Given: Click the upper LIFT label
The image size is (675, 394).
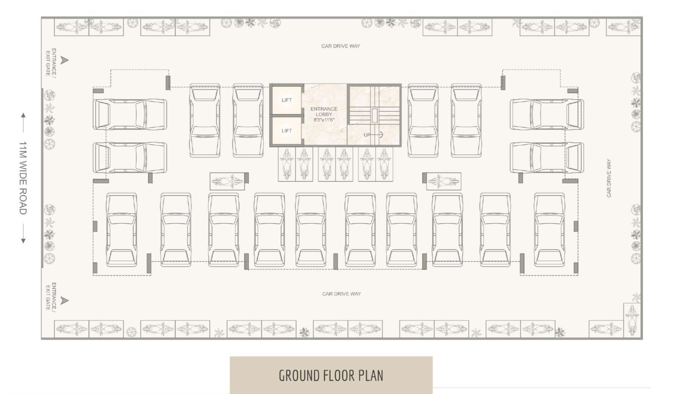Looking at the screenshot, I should coord(287,100).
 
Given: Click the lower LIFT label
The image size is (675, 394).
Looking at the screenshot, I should coord(287,131).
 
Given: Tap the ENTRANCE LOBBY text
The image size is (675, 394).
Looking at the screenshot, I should coord(324,111).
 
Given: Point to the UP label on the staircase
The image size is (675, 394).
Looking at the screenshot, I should coord(367,135).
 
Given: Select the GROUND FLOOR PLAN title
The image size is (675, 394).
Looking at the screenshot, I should coord(331,376).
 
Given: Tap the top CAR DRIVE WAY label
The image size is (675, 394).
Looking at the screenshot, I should coord(341,46).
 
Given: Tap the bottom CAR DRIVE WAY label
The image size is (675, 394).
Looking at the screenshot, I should coord(341,294).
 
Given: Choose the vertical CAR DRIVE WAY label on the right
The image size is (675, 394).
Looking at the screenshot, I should coord(609,178).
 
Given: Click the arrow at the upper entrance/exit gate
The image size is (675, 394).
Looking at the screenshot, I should coord(64,61).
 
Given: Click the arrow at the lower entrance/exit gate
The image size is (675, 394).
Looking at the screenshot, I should coord(64,301).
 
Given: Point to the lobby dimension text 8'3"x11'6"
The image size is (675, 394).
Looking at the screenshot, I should coord(324,120).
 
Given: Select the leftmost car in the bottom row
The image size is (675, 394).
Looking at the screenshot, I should coord(121,229).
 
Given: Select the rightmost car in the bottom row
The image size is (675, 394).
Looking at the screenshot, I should coord(549,229).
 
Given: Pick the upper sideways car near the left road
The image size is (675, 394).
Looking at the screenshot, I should coord(130,114).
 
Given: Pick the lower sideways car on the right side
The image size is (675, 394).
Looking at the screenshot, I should coord(547,157).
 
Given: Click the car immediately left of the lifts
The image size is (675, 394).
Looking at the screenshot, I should coord(248,120).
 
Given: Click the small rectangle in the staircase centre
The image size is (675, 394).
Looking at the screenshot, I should coord(374,115).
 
